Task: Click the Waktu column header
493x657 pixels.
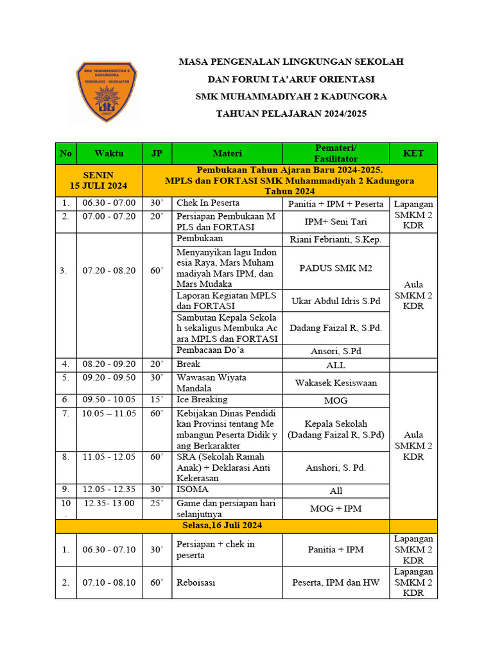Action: click(108, 153)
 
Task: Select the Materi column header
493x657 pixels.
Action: click(227, 153)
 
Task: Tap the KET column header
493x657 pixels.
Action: click(413, 153)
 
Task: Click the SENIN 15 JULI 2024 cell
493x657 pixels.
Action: click(99, 180)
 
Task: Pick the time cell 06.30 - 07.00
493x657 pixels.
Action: click(108, 203)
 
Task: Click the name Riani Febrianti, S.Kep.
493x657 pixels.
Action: click(336, 240)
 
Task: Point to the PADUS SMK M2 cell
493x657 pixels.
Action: click(336, 268)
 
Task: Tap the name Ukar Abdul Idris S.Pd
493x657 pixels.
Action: click(336, 300)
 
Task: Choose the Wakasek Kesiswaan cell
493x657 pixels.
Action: click(336, 383)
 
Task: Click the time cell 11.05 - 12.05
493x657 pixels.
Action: click(108, 457)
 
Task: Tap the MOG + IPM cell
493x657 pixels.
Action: click(336, 509)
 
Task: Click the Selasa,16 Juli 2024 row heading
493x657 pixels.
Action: click(222, 525)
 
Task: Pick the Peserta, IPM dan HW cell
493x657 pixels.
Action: click(336, 583)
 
